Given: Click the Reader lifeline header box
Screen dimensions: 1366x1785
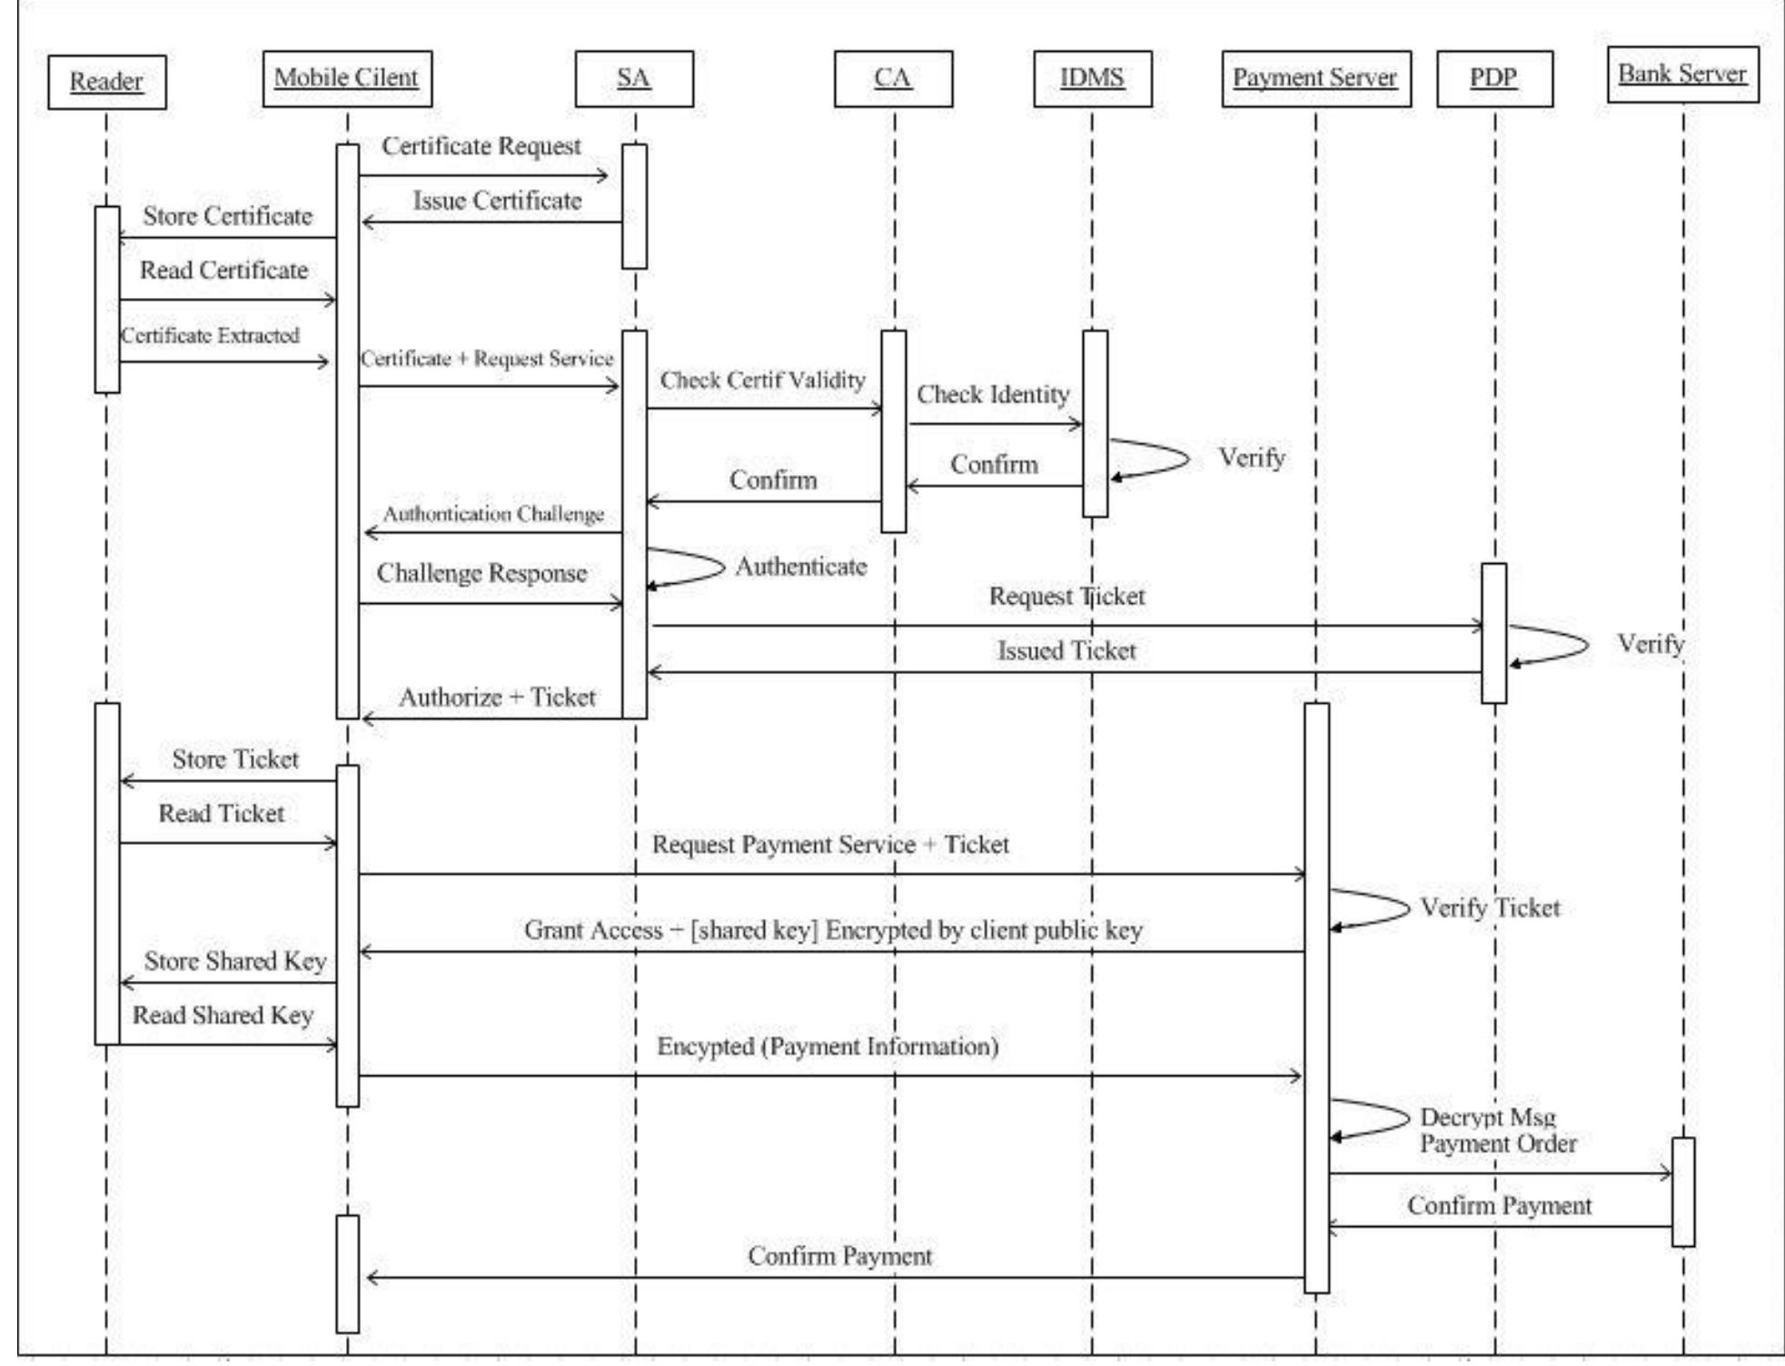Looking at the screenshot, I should click(x=106, y=82).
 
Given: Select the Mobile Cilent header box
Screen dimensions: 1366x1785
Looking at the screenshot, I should click(x=346, y=78).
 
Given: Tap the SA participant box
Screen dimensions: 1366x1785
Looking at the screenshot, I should click(x=633, y=78).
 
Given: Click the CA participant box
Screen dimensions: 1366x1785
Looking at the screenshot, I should click(x=892, y=78).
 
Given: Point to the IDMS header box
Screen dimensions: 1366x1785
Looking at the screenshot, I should click(x=1092, y=78).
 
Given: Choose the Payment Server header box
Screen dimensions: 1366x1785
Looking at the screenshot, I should click(x=1314, y=78).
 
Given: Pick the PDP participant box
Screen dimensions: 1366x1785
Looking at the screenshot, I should click(x=1493, y=78).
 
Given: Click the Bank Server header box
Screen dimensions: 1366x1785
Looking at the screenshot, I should click(x=1682, y=74).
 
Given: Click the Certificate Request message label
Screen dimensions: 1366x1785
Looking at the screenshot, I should click(x=481, y=146).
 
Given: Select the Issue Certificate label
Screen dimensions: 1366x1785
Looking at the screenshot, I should click(x=497, y=201).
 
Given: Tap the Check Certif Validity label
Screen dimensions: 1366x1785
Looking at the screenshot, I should click(x=762, y=381).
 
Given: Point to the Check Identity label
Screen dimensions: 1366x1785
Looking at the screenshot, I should click(x=993, y=395).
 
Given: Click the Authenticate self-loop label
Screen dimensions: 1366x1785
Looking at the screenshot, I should click(x=800, y=567).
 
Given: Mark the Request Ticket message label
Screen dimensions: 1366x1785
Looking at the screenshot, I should click(x=1066, y=597).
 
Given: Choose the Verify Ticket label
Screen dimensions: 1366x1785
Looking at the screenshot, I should click(x=1490, y=907).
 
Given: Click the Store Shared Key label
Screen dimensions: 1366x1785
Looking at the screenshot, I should click(x=235, y=961).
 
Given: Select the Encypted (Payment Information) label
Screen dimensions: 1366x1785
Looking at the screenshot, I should click(x=828, y=1046).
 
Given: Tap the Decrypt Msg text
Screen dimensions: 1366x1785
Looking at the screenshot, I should click(x=1488, y=1117).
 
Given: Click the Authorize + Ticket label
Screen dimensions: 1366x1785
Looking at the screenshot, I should click(x=497, y=698).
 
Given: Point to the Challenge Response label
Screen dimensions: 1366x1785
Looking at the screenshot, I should click(x=481, y=573).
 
